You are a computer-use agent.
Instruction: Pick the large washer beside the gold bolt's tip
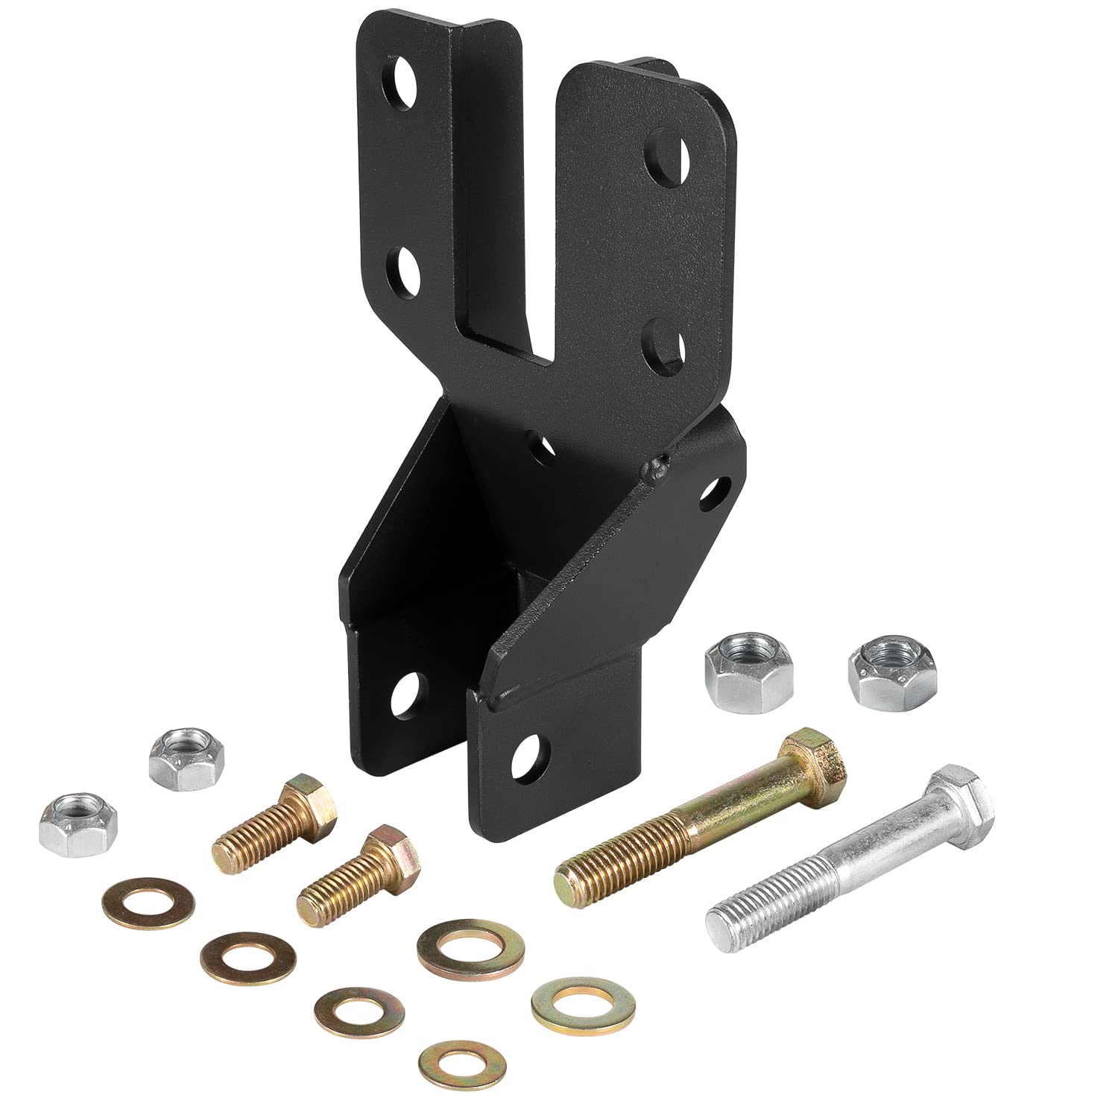(x=470, y=949)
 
